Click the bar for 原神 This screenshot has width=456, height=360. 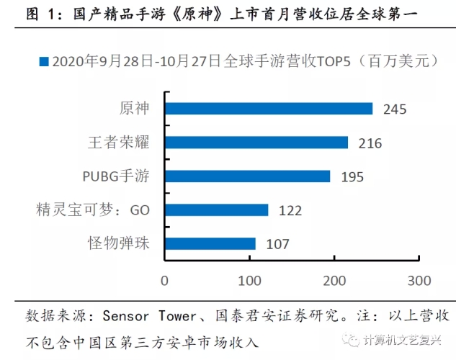[x=269, y=109]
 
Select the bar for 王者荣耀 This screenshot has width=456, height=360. [x=256, y=143]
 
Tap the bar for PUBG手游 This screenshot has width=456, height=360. [x=247, y=176]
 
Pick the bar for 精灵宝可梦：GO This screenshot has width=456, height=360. [x=216, y=210]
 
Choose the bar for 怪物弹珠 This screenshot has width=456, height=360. [x=210, y=244]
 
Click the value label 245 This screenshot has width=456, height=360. [x=395, y=109]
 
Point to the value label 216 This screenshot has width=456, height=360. [x=370, y=143]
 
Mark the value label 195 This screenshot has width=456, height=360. [x=352, y=177]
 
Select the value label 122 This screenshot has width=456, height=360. [x=290, y=211]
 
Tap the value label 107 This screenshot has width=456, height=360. [x=277, y=245]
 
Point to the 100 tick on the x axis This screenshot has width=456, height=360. [x=249, y=279]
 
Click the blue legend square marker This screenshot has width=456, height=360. [x=44, y=62]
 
